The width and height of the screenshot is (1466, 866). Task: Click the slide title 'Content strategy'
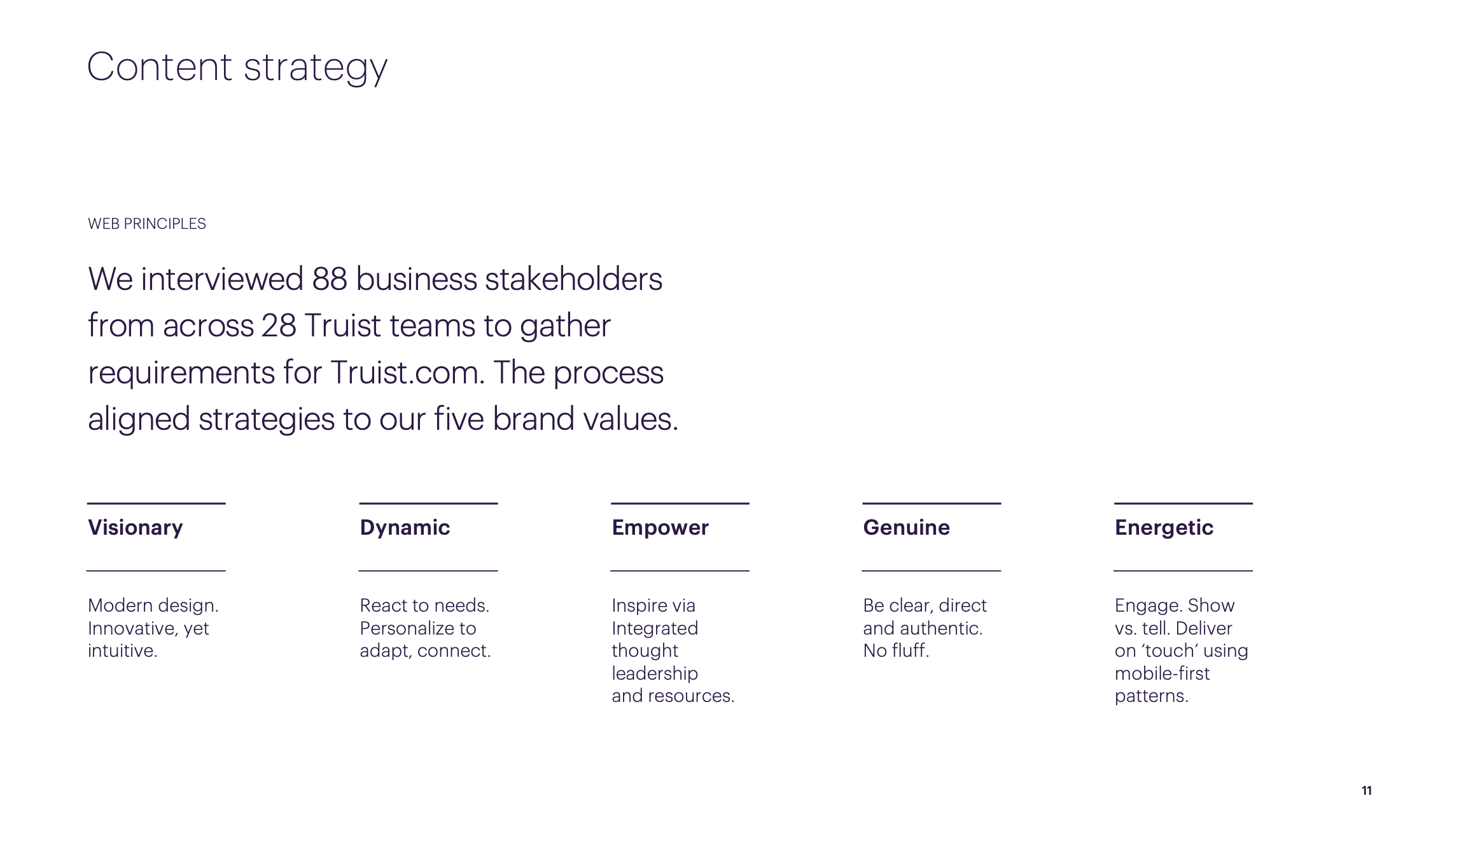click(237, 67)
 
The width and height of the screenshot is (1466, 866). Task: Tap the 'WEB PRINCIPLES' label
click(147, 224)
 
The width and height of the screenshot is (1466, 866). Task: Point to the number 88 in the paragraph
click(330, 279)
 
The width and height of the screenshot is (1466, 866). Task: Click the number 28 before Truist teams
click(279, 326)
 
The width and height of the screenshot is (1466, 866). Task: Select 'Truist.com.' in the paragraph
click(407, 373)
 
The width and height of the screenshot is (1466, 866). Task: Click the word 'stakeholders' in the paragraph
click(574, 279)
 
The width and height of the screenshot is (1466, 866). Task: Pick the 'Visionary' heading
click(136, 528)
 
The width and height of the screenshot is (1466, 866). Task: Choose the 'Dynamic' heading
click(405, 528)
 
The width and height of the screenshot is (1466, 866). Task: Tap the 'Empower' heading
click(660, 528)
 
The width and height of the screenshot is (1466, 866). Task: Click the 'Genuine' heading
click(906, 528)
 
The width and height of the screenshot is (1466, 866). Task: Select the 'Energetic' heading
click(1164, 528)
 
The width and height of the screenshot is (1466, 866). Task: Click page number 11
click(1367, 791)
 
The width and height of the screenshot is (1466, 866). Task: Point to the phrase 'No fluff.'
click(896, 650)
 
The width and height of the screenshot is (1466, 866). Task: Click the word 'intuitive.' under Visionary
click(122, 650)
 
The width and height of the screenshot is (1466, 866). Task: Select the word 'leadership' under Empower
click(655, 673)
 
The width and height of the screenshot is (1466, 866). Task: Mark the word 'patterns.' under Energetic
click(1152, 696)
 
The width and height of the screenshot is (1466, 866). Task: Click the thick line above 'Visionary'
click(157, 504)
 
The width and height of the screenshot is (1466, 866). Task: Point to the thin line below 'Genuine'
click(932, 571)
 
